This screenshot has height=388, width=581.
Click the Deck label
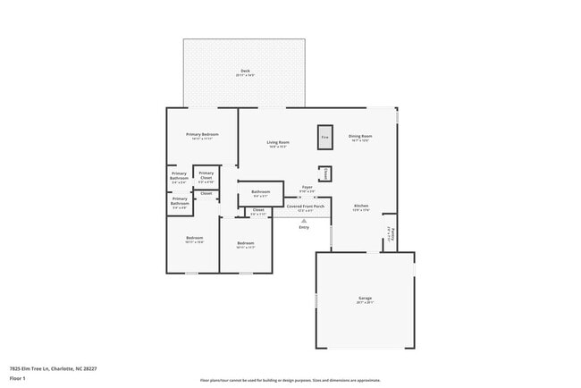pos(245,72)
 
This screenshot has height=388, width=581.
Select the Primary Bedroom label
pos(203,135)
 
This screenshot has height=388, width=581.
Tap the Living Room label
pos(278,143)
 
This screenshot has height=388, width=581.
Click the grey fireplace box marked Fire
pos(325,137)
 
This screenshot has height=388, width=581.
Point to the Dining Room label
pos(360,137)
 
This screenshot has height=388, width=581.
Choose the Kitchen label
pos(360,206)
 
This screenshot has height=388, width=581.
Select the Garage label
pos(365,299)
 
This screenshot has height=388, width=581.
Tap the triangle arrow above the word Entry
pos(304,220)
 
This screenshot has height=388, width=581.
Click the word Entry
pos(304,227)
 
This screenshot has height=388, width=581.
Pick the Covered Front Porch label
pos(305,207)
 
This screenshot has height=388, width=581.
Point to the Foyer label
pos(306,187)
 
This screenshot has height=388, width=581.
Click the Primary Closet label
pos(206,175)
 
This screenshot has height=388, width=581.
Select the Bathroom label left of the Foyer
pos(260,191)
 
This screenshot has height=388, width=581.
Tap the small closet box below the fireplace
pos(326,173)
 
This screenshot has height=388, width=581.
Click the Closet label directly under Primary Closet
pos(206,193)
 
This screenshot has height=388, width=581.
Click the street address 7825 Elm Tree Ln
pos(30,367)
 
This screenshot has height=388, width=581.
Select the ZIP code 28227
pos(90,367)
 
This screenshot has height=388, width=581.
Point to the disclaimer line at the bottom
pos(290,380)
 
